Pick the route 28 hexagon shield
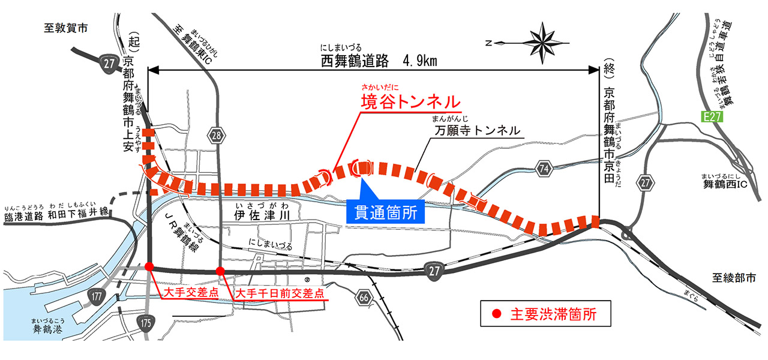pos(216,136)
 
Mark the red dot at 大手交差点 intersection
pos(149,266)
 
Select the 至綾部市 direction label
pos(733,278)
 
